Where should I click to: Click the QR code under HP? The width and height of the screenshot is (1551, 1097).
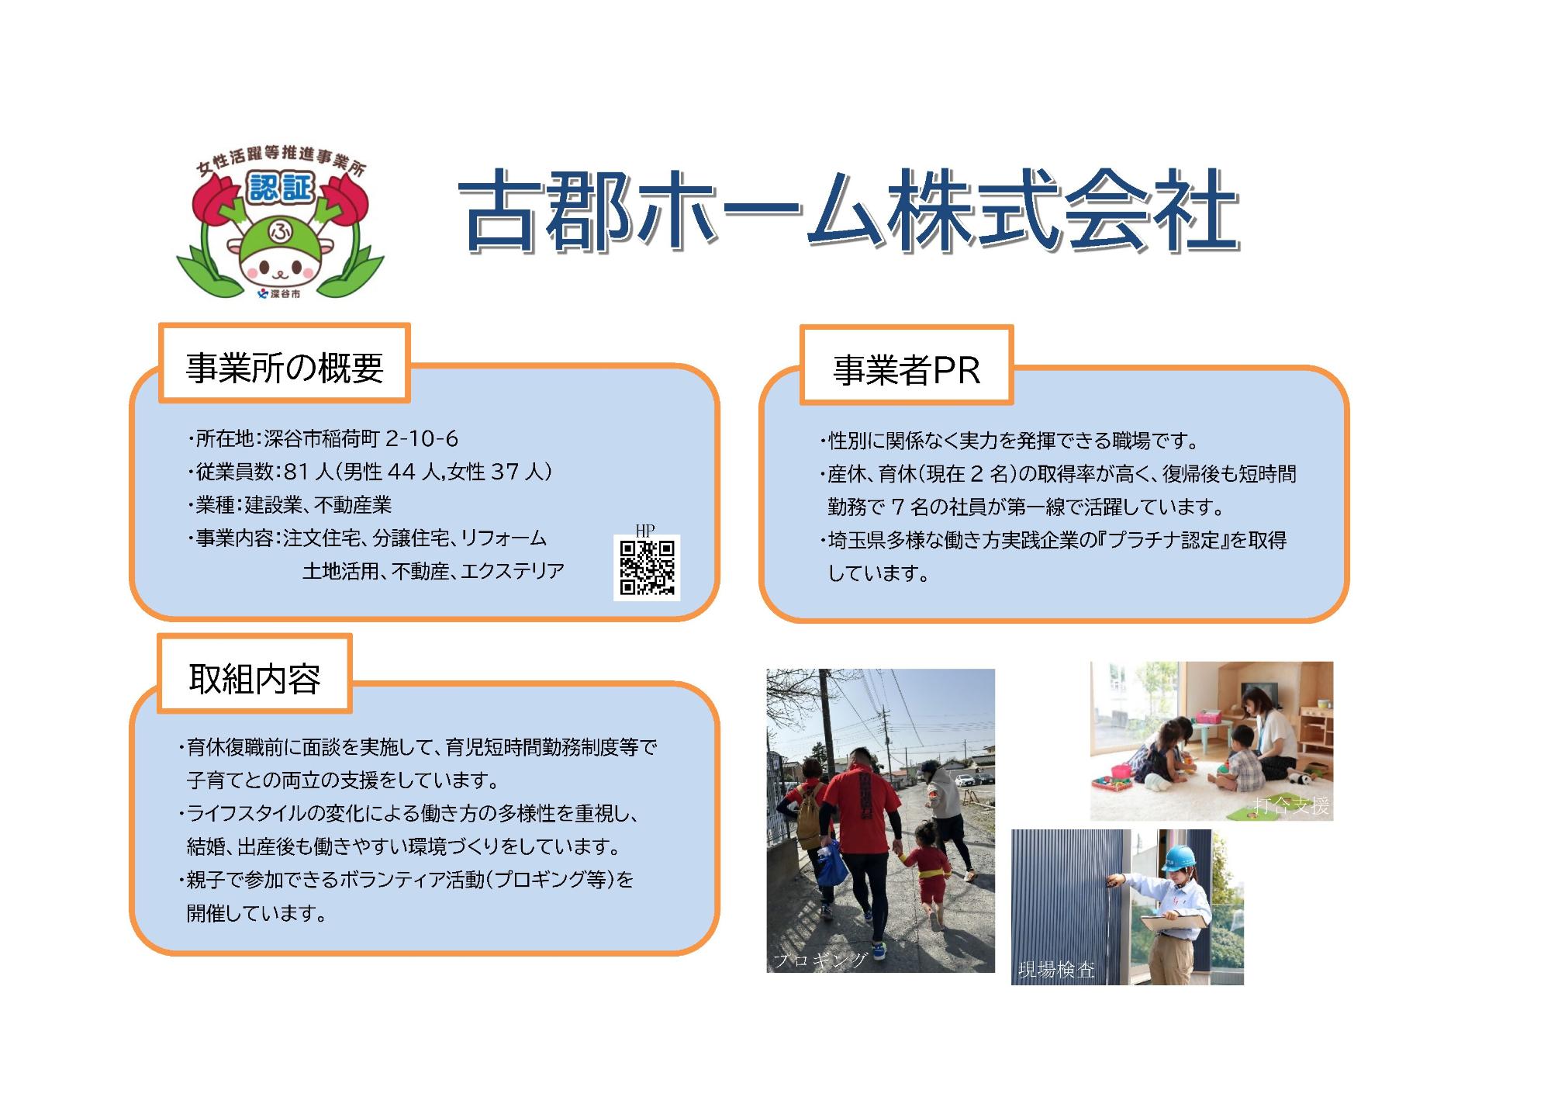click(x=647, y=568)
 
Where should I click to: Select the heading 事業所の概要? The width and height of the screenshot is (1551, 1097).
click(x=285, y=367)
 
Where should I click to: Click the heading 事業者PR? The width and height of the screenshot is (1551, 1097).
click(x=906, y=370)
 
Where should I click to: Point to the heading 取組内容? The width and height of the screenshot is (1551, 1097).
click(x=254, y=679)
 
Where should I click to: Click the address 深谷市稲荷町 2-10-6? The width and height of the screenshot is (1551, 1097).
click(x=361, y=439)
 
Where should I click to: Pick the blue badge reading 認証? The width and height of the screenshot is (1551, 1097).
click(x=280, y=187)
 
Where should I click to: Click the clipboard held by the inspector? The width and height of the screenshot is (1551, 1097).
click(x=1175, y=920)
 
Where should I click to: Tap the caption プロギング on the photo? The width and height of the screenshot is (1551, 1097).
click(x=820, y=960)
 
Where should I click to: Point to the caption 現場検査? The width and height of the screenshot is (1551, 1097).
click(x=1056, y=970)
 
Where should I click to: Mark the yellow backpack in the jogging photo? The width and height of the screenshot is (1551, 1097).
click(x=810, y=815)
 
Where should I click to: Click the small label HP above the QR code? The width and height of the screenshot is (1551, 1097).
click(x=644, y=530)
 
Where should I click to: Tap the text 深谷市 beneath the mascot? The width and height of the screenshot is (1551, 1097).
click(x=285, y=295)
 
